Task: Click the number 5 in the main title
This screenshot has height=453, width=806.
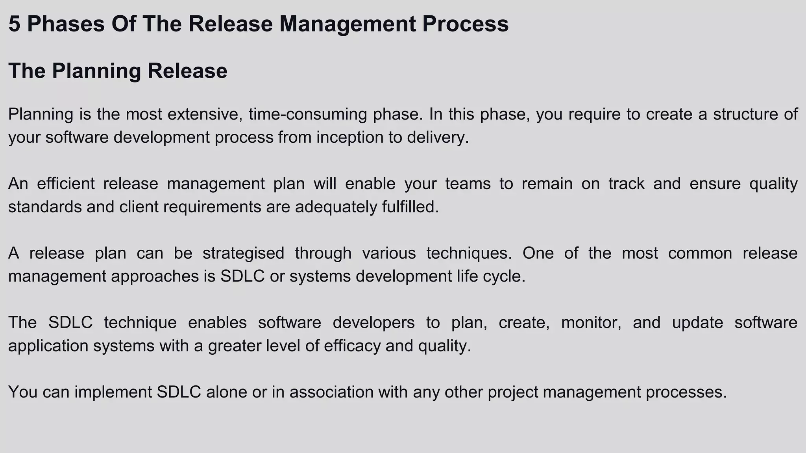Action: tap(14, 24)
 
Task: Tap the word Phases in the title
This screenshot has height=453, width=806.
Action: tap(66, 24)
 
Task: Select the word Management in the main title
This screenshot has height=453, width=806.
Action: tap(348, 24)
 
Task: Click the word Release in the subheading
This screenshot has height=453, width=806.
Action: tap(187, 71)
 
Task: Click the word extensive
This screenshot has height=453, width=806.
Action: tap(204, 114)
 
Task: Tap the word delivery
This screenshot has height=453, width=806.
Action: tap(438, 138)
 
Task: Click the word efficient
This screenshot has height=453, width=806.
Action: tap(66, 184)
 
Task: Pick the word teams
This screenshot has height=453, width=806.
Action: tap(468, 184)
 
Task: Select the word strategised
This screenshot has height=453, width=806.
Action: tap(243, 253)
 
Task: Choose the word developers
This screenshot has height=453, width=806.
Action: tap(373, 323)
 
